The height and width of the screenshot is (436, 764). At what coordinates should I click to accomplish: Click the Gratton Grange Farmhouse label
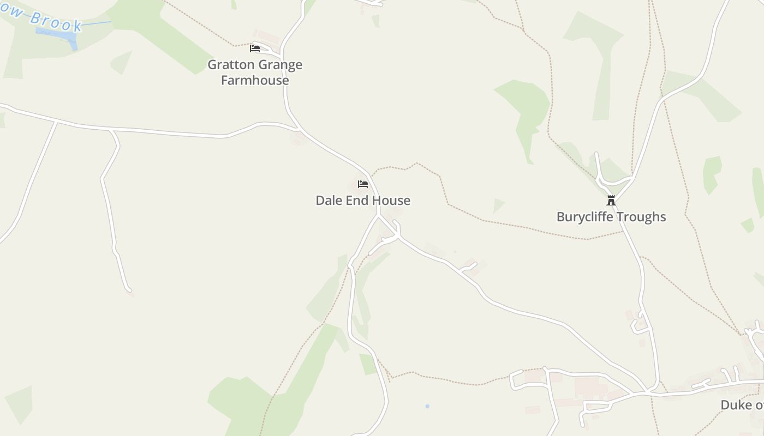tap(255, 72)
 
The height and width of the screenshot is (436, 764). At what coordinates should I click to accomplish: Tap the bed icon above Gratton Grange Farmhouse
tap(255, 49)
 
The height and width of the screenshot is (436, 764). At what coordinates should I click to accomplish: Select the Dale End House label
tap(363, 201)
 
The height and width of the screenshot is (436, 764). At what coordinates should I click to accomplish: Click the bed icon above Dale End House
tap(363, 184)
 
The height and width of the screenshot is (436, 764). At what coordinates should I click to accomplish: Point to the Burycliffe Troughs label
tap(611, 217)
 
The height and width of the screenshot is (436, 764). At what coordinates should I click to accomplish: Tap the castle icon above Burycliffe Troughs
tap(611, 201)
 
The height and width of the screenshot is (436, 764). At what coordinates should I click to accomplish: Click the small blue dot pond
tap(427, 406)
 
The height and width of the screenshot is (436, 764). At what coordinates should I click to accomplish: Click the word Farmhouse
tap(255, 81)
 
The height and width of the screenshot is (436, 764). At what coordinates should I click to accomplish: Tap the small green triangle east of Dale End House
tap(498, 205)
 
